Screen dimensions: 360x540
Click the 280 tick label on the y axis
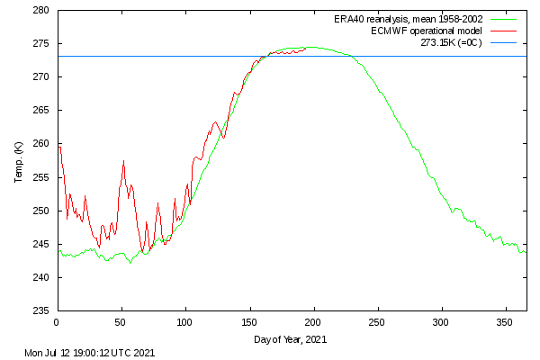click(41, 11)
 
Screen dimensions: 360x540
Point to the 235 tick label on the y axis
click(41, 311)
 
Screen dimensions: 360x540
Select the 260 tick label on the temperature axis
click(41, 144)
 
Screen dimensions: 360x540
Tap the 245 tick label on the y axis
click(41, 245)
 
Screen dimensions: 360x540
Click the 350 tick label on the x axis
click(505, 322)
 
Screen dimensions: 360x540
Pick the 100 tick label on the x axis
click(184, 322)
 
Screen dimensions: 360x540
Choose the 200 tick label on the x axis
click(313, 322)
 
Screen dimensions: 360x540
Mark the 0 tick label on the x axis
click(57, 322)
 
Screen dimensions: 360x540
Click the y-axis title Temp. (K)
click(19, 161)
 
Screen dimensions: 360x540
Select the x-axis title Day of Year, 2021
click(291, 339)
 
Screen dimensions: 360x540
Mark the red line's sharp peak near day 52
click(123, 161)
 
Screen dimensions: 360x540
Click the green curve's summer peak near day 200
click(310, 47)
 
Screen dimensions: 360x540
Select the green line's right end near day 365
click(526, 252)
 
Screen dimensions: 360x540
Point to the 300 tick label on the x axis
click(441, 322)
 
